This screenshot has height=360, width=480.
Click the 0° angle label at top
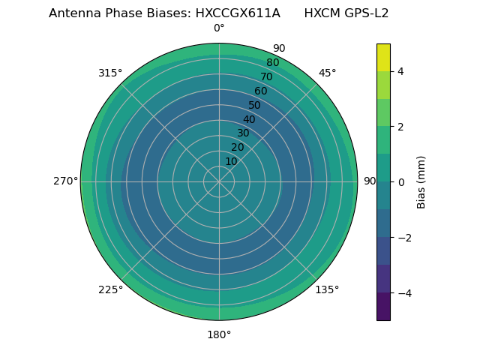219,28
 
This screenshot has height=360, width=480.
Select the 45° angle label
327,73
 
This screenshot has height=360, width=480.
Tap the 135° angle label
327,289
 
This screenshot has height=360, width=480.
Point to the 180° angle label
219,334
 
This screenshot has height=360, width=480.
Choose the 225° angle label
110,289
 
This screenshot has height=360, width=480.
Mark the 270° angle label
65,181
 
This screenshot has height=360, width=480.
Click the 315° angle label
110,73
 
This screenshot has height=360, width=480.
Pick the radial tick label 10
231,161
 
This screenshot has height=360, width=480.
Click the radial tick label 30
243,133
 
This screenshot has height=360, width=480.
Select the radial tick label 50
254,106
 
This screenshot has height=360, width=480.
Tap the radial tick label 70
266,76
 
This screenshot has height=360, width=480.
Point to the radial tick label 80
272,63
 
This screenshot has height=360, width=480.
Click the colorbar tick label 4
401,71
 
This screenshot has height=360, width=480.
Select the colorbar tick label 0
401,181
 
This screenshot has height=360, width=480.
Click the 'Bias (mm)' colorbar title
421,181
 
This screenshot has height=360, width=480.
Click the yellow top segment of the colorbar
383,57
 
